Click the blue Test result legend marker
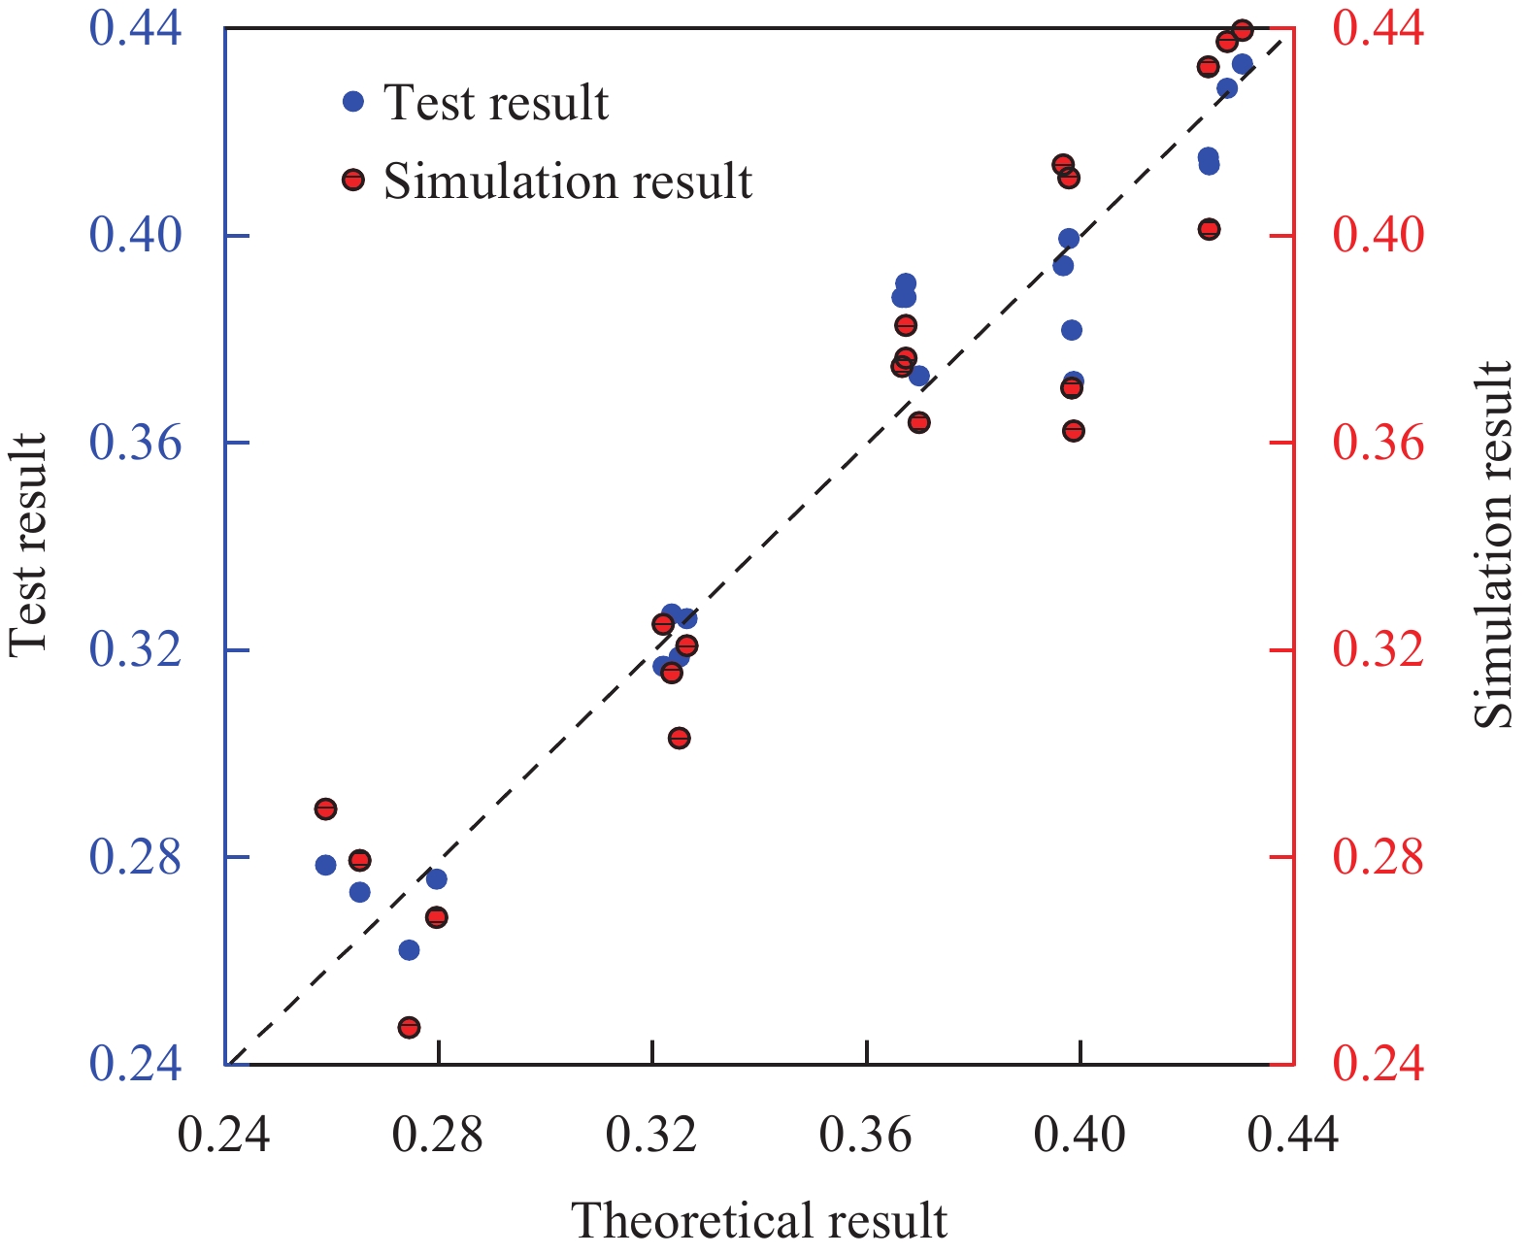pyautogui.click(x=353, y=101)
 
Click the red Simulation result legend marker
pyautogui.click(x=353, y=180)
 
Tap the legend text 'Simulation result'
pyautogui.click(x=568, y=182)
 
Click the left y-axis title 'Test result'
pyautogui.click(x=28, y=545)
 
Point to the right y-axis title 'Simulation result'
pyautogui.click(x=1494, y=545)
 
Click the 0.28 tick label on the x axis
pyautogui.click(x=438, y=1134)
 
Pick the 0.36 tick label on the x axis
pyautogui.click(x=866, y=1134)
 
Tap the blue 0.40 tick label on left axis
pyautogui.click(x=135, y=235)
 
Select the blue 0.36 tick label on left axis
pyautogui.click(x=135, y=443)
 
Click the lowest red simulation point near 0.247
pyautogui.click(x=409, y=1027)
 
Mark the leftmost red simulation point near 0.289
pyautogui.click(x=325, y=809)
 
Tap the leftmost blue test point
pyautogui.click(x=325, y=865)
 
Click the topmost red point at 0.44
pyautogui.click(x=1243, y=30)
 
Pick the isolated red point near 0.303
pyautogui.click(x=679, y=738)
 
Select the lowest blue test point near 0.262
pyautogui.click(x=409, y=949)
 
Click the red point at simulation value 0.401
pyautogui.click(x=1209, y=229)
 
